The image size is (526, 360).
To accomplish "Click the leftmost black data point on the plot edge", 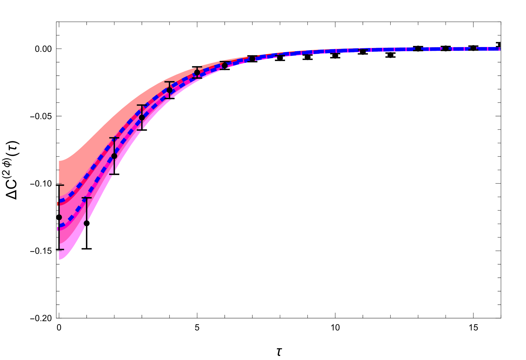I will [x=60, y=217].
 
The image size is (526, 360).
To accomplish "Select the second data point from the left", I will [x=87, y=223].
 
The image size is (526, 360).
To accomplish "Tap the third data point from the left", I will [x=114, y=156].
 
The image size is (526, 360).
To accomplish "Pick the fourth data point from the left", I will [x=142, y=118].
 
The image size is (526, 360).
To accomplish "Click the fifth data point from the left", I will [x=170, y=90].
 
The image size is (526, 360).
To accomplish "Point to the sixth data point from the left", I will [x=197, y=73].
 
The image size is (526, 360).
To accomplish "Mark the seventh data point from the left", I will [x=225, y=66].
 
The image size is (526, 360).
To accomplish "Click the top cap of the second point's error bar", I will [x=87, y=198].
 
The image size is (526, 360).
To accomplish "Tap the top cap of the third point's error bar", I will [x=114, y=138].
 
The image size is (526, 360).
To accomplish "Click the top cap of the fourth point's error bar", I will [x=142, y=105].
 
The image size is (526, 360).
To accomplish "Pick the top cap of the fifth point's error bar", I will [x=170, y=82].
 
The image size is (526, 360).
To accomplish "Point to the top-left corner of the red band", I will [x=60, y=161].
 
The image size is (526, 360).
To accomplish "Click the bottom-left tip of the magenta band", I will [x=60, y=259].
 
